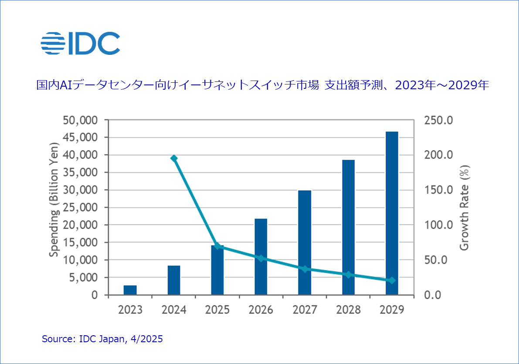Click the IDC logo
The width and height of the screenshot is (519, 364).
(80, 43)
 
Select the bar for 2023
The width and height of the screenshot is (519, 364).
(130, 290)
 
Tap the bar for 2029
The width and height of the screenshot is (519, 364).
(392, 213)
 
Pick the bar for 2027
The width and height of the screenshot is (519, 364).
(305, 243)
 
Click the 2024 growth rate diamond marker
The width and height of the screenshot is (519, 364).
(174, 158)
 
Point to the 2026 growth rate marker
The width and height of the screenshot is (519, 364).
(261, 258)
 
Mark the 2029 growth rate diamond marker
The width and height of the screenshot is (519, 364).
(392, 280)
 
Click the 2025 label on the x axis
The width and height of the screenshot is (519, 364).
(217, 310)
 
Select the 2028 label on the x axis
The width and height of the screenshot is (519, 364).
(348, 310)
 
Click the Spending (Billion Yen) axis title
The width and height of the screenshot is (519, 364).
(54, 199)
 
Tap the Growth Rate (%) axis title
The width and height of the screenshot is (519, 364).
(465, 208)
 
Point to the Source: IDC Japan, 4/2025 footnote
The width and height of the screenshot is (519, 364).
(102, 339)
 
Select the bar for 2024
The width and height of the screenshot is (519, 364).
(174, 280)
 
